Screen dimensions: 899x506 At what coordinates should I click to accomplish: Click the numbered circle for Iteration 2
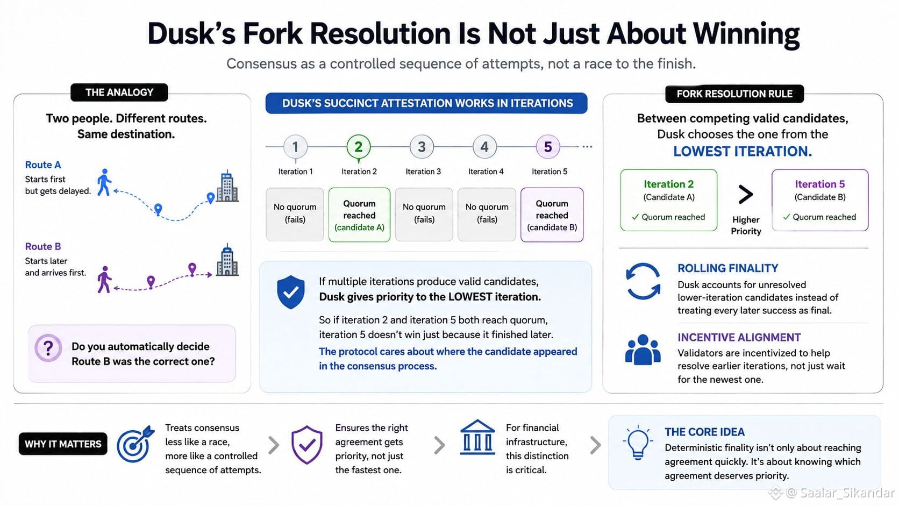359,147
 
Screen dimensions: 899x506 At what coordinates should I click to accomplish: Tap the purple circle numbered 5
548,147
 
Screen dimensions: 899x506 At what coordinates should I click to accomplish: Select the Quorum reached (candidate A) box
359,215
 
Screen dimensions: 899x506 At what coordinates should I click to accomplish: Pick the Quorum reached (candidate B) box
552,215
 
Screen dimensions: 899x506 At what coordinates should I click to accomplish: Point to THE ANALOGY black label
119,92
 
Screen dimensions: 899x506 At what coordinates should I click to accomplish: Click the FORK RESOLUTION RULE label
734,94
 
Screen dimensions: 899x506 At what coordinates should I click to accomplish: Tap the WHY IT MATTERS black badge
63,444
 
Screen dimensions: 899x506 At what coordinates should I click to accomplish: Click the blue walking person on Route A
104,182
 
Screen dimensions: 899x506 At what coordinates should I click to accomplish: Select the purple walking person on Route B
104,279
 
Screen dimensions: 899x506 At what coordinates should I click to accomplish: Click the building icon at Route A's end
227,186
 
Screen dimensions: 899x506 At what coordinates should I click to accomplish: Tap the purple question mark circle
48,348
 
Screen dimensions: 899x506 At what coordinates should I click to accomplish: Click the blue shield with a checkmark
290,292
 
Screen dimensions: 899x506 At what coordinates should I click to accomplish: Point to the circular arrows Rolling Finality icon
643,281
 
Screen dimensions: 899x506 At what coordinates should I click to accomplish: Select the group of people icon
643,350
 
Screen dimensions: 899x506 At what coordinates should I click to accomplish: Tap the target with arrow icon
135,444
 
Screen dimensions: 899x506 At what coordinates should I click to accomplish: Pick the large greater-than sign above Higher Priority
746,195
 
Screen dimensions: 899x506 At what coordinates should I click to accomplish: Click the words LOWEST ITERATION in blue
743,151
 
